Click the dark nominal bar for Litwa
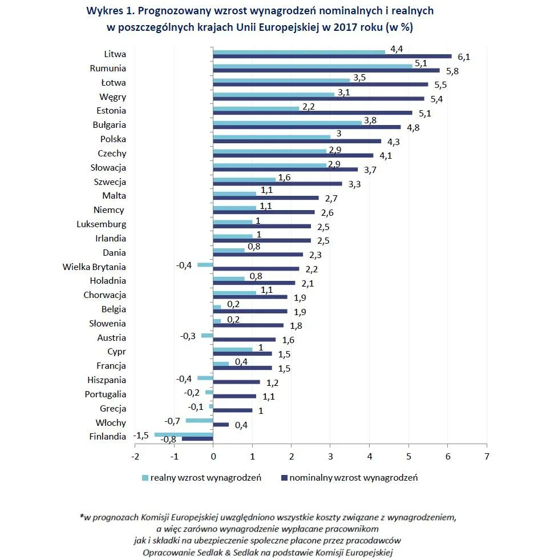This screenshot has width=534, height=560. (332, 57)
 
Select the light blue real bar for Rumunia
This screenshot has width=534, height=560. (313, 66)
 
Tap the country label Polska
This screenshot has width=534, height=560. (113, 139)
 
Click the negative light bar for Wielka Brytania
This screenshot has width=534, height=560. (205, 264)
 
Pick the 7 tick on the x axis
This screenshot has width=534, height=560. (487, 457)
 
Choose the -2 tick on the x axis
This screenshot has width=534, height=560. (135, 457)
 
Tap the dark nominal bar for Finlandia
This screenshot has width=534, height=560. (197, 439)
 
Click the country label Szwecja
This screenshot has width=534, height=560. (110, 182)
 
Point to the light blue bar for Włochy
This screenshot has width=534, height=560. (199, 421)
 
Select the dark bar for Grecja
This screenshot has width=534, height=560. (232, 410)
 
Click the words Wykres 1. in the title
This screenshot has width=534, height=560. (108, 10)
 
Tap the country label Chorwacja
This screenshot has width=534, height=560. (105, 295)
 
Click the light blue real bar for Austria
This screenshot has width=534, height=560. (207, 336)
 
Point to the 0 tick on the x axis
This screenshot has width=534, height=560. (213, 457)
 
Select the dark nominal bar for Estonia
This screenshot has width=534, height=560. (312, 113)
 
